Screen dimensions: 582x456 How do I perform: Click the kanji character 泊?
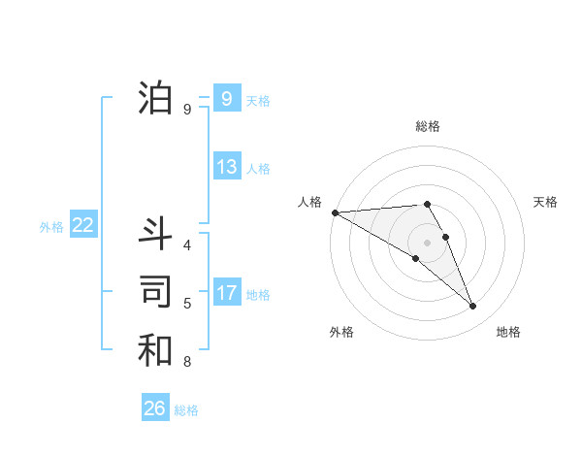point(155,98)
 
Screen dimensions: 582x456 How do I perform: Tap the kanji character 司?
point(155,292)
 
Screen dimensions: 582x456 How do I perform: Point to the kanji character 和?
point(155,350)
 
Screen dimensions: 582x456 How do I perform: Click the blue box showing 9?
point(226,98)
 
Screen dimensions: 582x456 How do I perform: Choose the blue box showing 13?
point(226,167)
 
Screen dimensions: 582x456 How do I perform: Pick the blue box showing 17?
point(226,293)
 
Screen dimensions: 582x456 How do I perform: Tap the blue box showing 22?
point(82,225)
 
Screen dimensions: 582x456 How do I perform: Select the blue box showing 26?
point(155,408)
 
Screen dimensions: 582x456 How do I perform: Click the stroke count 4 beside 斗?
point(187,245)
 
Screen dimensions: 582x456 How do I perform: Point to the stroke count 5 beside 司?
point(187,304)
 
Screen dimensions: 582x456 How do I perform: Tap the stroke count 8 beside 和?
point(187,363)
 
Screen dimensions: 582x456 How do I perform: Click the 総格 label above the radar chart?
point(428,126)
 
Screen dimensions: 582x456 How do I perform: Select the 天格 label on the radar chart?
point(546,202)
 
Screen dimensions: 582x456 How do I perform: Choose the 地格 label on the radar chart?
point(508,332)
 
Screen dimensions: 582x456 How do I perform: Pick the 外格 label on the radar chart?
point(341,332)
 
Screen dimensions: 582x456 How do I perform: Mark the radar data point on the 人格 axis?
point(335,212)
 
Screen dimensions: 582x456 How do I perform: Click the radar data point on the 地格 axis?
point(473,307)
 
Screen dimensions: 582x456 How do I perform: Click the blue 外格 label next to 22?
point(50,227)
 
